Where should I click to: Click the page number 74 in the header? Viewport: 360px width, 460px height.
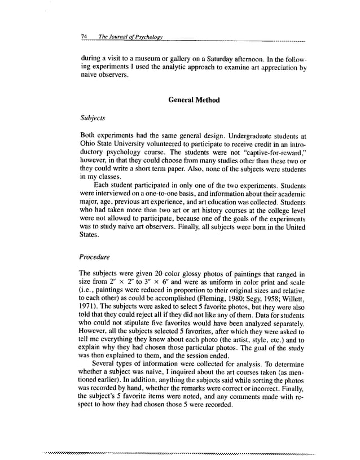click(x=85, y=37)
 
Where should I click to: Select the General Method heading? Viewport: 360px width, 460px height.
click(x=194, y=100)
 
